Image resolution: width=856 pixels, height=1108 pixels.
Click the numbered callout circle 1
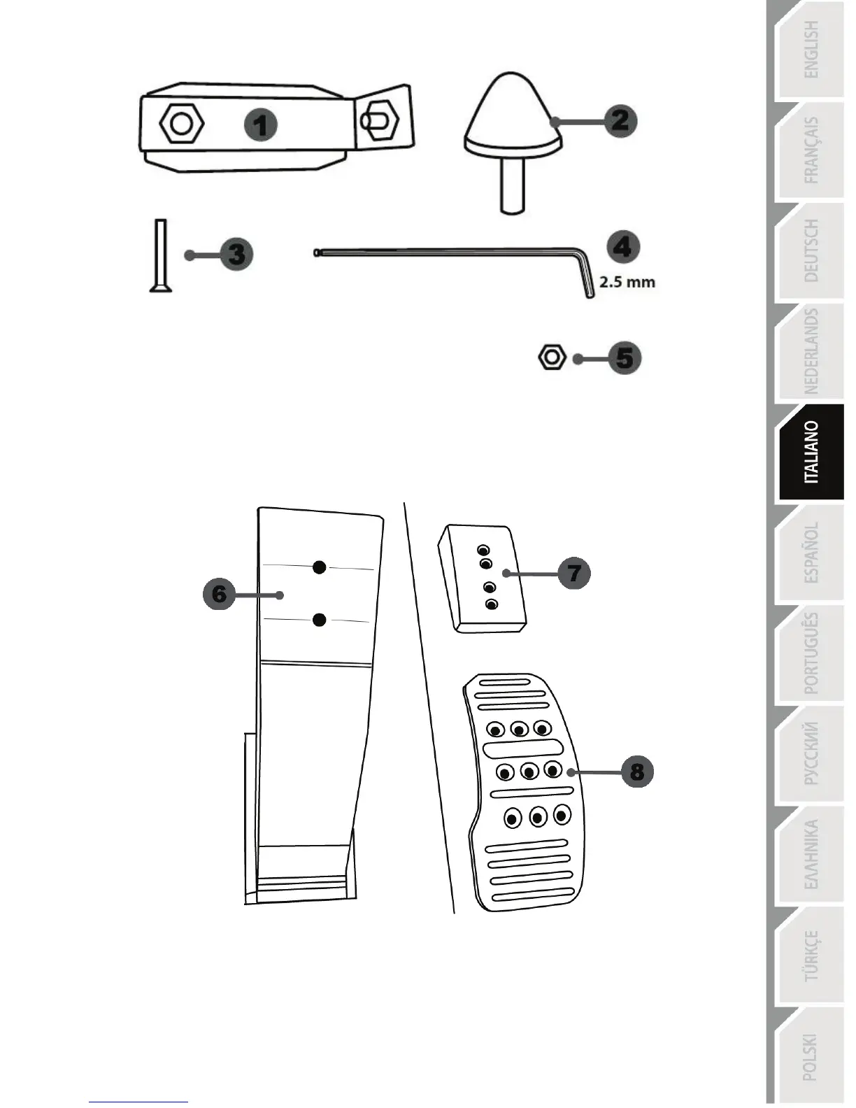(261, 125)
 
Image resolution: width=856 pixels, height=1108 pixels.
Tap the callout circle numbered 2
(620, 120)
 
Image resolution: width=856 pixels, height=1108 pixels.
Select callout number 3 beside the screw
(236, 253)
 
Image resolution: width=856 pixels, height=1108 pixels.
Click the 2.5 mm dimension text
(627, 283)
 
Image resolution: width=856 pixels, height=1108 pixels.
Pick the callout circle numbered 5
(625, 358)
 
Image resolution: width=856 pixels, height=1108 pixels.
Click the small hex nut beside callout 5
(552, 357)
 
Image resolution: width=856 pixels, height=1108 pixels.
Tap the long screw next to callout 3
(161, 255)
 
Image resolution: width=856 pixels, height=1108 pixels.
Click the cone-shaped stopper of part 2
(513, 115)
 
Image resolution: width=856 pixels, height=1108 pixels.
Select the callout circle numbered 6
(220, 595)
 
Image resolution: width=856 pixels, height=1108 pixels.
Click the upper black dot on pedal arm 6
(320, 567)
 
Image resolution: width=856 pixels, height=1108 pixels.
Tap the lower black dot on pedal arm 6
(320, 619)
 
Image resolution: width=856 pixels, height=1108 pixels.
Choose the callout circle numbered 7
(574, 573)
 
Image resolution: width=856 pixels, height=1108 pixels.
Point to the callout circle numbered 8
(636, 772)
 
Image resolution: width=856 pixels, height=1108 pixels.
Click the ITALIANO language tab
(811, 453)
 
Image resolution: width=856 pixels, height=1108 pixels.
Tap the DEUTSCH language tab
(811, 250)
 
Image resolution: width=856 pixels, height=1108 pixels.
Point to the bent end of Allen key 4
(584, 280)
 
